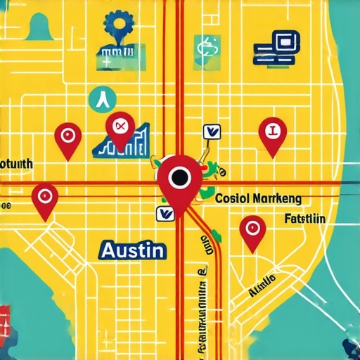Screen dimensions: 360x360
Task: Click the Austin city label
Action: click(133, 249)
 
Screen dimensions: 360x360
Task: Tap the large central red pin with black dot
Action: click(178, 179)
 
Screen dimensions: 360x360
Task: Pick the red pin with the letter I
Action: click(273, 131)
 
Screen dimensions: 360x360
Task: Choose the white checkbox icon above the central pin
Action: click(210, 131)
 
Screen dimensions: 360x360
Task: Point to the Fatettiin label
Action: click(306, 219)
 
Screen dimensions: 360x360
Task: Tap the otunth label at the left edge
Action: click(16, 163)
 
